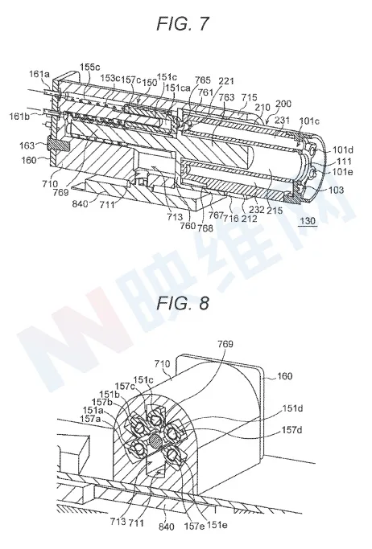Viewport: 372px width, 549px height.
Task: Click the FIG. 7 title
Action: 182,23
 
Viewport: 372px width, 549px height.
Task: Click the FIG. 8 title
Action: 182,302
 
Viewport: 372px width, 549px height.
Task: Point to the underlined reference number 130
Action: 308,221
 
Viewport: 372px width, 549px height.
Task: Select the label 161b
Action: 19,117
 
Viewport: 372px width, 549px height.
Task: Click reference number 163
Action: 28,145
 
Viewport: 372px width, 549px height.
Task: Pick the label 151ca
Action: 178,88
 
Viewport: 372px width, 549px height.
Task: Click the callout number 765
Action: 203,80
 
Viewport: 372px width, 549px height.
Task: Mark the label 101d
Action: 342,150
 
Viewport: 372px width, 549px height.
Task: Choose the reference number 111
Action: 345,161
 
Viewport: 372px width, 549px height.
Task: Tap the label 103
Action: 337,191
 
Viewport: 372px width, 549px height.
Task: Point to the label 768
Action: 205,228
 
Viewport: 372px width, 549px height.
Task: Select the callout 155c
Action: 90,67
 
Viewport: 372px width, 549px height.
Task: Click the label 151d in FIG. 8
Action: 292,408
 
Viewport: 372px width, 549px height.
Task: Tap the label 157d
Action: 292,429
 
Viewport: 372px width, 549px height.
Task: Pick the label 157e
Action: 194,525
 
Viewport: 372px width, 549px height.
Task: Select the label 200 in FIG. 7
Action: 283,104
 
